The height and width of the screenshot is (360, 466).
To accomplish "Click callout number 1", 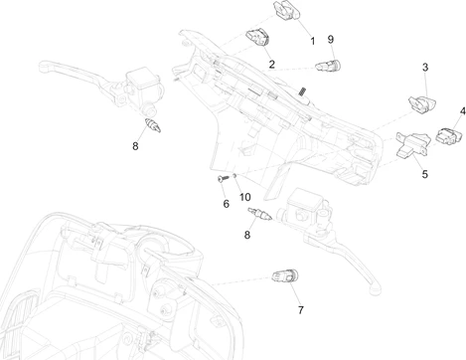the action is pos(313,41).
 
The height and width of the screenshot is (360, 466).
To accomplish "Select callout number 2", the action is pos(272,64).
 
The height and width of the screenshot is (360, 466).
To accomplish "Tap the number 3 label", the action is pos(425,68).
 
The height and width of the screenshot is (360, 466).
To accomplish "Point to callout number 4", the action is pos(463,111).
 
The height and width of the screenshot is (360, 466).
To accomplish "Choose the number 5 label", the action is pos(425,174).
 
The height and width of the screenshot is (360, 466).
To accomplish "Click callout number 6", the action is pos(227,204).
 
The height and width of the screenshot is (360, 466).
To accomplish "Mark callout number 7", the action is pos(301,310).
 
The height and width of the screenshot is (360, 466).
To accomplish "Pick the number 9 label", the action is pos(331,40).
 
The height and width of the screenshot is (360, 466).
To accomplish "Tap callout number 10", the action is pos(245,197).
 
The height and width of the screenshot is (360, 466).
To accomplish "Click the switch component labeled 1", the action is pos(287,11).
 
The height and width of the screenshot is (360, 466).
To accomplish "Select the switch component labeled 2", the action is pos(257,37).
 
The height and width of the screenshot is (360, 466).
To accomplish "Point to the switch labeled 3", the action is pos(422,104).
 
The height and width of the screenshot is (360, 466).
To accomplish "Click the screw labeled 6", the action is pos(224,178).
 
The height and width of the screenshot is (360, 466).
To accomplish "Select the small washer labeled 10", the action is pos(234,175).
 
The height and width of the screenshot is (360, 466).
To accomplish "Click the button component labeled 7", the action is pos(285,276).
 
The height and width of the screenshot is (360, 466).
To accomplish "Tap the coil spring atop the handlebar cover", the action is pos(302,90).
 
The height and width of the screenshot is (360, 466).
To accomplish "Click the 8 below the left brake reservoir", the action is pos(135,146).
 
